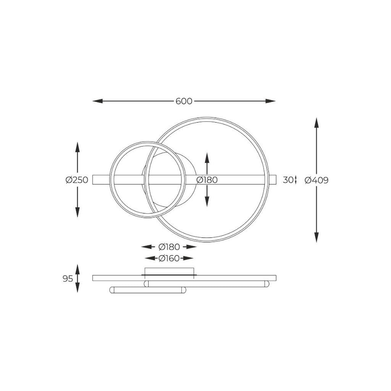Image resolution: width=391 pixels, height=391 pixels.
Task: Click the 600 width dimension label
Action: (184, 101)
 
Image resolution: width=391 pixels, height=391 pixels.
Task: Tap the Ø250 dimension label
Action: (77, 180)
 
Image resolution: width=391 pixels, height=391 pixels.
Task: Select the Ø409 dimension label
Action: (317, 180)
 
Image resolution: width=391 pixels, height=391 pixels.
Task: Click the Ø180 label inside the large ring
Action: (207, 180)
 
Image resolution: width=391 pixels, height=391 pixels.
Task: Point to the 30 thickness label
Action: (288, 180)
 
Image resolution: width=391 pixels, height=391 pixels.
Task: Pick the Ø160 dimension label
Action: (169, 259)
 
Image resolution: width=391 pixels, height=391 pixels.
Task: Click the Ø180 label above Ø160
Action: (169, 247)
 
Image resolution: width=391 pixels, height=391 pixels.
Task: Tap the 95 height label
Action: (68, 278)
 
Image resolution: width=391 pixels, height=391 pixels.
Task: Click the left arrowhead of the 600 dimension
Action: (97, 101)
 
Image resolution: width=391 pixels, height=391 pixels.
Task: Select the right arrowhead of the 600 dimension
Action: (270, 101)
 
